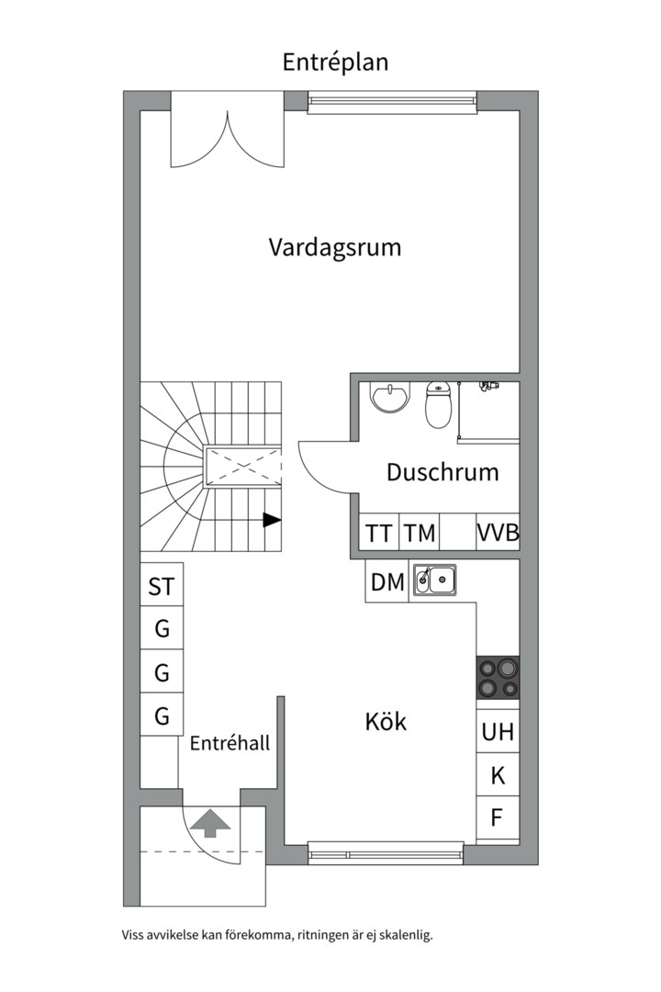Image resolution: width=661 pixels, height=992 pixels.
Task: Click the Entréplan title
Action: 334,62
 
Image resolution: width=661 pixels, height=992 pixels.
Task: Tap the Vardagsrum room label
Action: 334,247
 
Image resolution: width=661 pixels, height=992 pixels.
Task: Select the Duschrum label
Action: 443,472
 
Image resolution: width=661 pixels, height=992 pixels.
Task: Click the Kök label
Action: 386,721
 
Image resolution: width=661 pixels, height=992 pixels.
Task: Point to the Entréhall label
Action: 230,743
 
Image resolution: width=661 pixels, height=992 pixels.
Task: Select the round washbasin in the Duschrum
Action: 389,398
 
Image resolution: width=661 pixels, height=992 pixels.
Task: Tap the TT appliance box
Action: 379,532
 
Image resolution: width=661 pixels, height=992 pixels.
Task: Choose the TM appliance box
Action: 419,532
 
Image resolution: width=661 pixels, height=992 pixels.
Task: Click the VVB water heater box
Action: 498,532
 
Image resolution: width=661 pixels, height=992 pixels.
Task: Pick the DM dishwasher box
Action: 387,581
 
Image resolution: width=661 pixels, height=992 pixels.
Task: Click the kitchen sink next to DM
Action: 434,580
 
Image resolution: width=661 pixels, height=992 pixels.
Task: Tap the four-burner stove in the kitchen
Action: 498,678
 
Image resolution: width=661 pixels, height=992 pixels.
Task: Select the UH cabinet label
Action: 498,732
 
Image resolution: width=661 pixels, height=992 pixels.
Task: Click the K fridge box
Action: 498,774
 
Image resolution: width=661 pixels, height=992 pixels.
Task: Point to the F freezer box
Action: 498,817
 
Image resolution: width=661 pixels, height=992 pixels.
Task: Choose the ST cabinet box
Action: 162,585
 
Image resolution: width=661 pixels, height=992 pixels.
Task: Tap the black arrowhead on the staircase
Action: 272,520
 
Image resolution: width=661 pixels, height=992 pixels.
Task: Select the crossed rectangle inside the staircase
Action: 241,467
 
